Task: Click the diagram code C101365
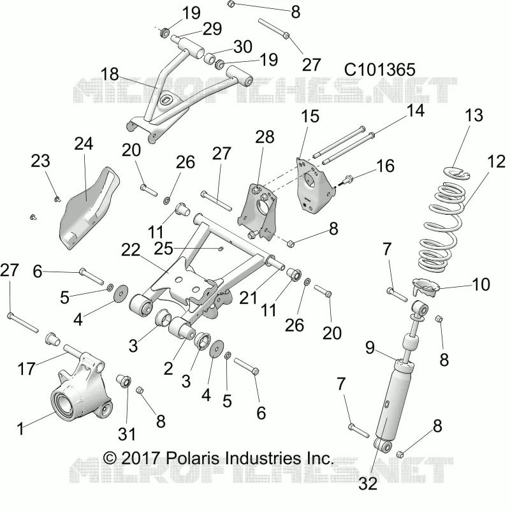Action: coord(379,69)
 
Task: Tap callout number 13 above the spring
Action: coord(474,115)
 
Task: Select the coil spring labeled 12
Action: coord(443,228)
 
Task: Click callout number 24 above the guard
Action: coord(84,144)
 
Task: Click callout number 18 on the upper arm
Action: coord(110,74)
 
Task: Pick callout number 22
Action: coord(131,250)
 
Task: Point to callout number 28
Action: coord(265,137)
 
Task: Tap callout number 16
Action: coord(385,166)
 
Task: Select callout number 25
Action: coord(163,249)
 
